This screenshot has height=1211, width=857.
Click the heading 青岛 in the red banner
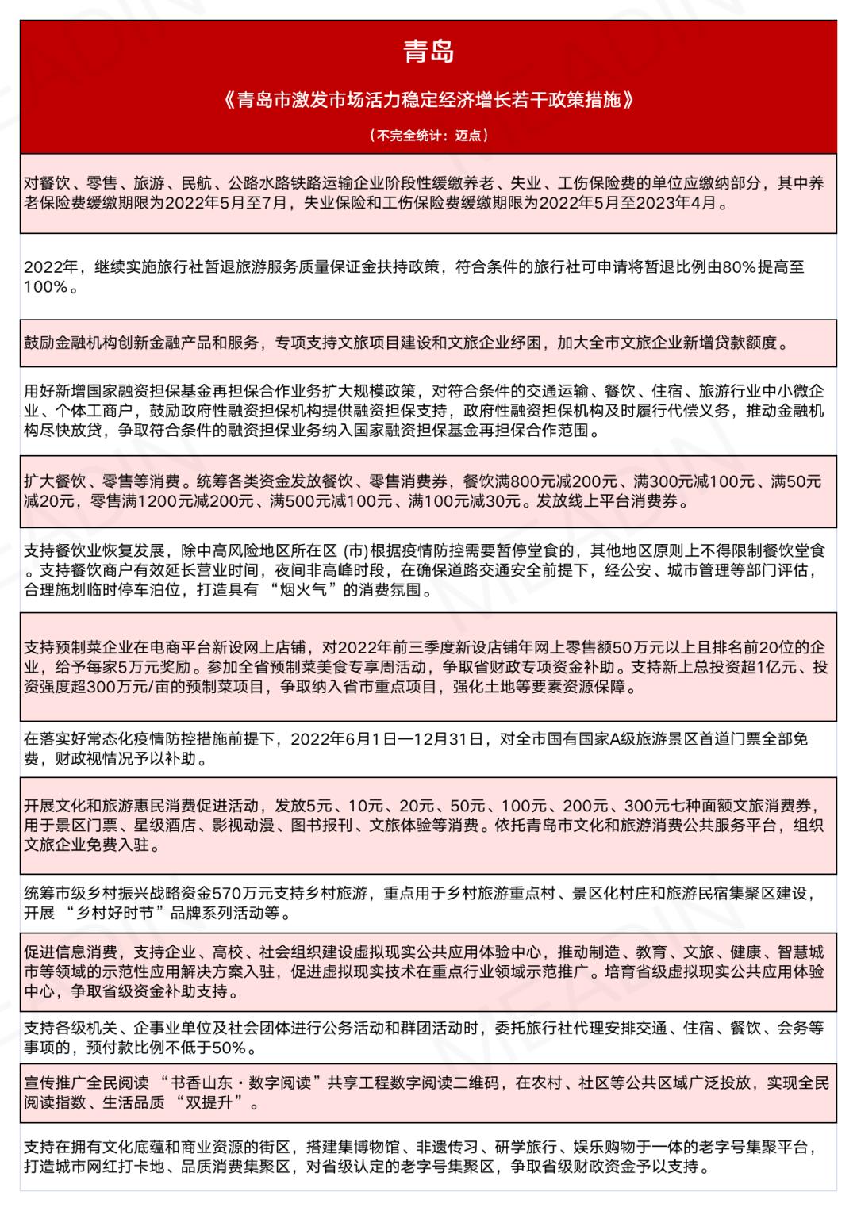click(x=428, y=52)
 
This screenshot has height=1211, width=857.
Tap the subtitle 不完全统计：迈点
click(x=428, y=136)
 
